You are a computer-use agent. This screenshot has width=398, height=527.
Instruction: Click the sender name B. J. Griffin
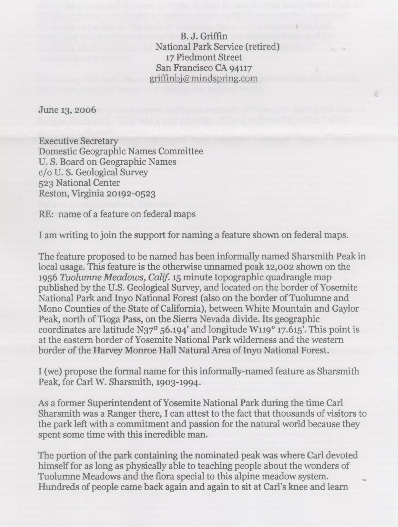[x=204, y=36]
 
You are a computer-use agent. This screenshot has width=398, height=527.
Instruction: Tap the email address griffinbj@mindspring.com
[x=204, y=78]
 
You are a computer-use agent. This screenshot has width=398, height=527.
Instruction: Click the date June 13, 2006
[x=67, y=110]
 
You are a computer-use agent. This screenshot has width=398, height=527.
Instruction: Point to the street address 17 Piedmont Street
[x=204, y=57]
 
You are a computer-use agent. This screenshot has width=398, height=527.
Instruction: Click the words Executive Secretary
[x=78, y=141]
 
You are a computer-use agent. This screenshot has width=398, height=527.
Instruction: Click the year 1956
[x=48, y=277]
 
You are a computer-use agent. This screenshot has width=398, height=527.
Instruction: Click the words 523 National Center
[x=79, y=183]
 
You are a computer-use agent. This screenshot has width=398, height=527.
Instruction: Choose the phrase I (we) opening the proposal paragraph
[x=50, y=371]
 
